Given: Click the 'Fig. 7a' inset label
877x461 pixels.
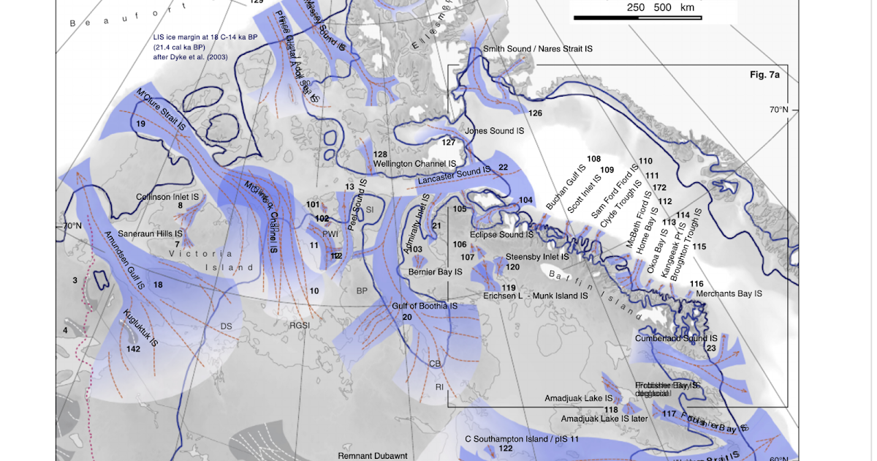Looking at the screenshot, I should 765,75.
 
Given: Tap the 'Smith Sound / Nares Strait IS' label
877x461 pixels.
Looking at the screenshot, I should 537,48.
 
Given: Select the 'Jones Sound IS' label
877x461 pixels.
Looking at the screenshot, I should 495,131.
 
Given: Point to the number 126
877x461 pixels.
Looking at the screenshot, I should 536,113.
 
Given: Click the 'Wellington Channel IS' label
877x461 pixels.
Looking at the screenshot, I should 414,164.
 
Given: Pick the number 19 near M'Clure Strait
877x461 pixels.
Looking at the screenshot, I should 140,124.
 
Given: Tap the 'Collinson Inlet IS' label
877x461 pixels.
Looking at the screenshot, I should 167,197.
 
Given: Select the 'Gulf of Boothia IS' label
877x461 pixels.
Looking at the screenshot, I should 425,305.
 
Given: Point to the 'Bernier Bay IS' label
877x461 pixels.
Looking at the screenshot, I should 436,271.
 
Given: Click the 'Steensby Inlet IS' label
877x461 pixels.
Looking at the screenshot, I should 537,257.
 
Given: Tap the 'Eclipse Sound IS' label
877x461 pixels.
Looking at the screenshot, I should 501,235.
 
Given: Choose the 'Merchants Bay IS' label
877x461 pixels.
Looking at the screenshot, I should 729,293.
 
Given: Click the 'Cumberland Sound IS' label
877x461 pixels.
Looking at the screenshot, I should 676,339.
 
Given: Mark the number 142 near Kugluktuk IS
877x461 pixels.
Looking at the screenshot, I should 133,349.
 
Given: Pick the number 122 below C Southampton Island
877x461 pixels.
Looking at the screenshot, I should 505,448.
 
